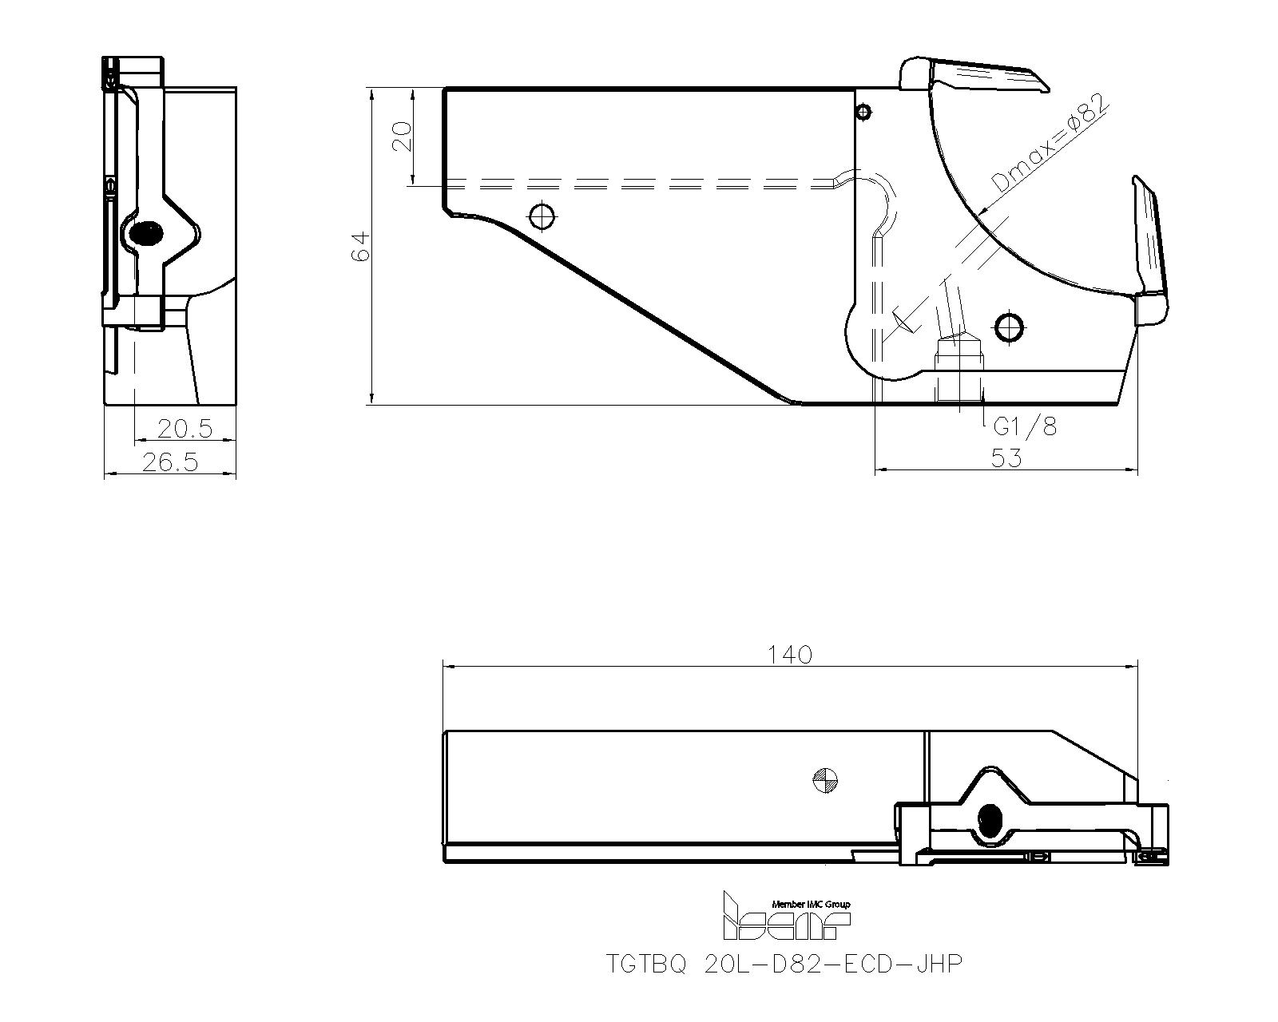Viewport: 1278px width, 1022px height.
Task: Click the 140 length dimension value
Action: [790, 655]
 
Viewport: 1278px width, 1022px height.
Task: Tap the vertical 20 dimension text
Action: [403, 137]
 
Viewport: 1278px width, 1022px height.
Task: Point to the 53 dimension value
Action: [1006, 458]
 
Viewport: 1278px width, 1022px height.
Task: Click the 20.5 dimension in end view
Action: [185, 430]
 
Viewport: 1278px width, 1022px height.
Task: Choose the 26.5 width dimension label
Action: [169, 461]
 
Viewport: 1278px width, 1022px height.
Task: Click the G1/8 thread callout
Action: [1025, 427]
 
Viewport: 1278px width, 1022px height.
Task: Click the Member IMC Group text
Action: [811, 904]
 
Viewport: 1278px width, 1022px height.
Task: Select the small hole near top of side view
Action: [863, 112]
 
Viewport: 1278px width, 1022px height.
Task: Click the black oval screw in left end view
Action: [146, 234]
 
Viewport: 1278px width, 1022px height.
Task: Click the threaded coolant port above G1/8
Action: [959, 371]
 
